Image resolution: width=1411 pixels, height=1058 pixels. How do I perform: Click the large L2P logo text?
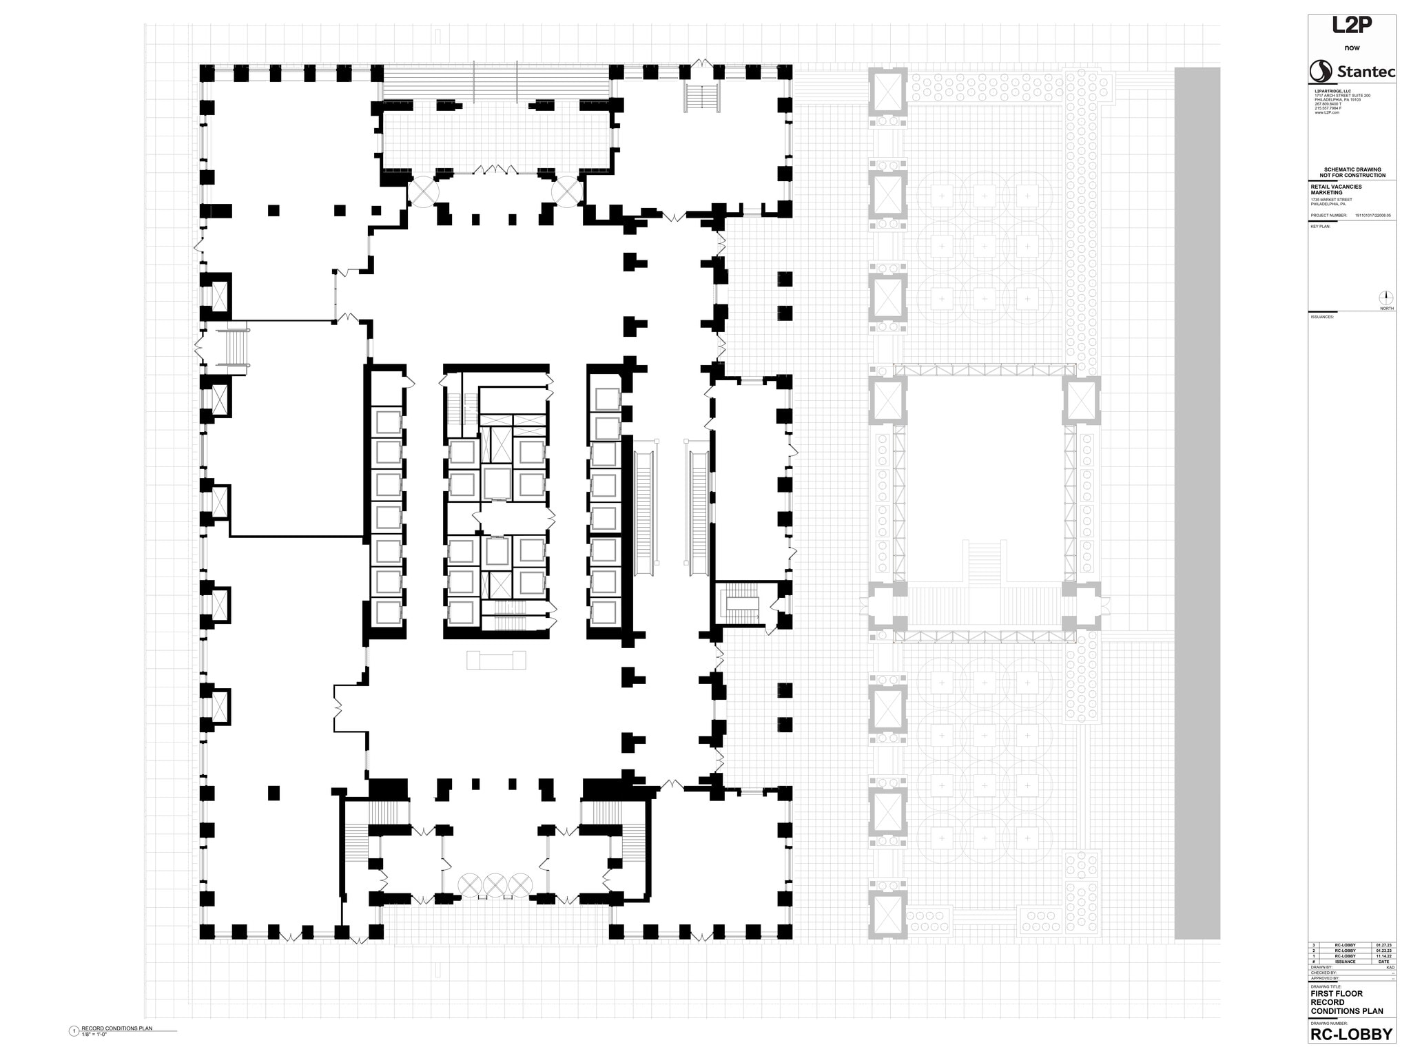coord(1352,25)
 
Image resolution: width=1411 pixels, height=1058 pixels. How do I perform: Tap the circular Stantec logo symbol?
coord(1321,72)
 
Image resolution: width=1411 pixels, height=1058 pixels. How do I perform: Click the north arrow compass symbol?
coord(1386,298)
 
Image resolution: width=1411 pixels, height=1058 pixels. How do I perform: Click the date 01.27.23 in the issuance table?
coord(1383,946)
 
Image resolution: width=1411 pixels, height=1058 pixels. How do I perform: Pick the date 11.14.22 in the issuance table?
coord(1383,956)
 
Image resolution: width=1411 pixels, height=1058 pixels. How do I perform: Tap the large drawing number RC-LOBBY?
coord(1351,1035)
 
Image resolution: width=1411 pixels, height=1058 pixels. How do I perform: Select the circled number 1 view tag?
coord(74,1031)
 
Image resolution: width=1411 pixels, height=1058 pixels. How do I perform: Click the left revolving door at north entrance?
coord(422,191)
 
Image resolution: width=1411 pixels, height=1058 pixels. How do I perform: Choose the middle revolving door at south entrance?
coord(495,884)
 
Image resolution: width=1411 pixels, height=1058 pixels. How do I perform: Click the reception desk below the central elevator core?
coord(496,660)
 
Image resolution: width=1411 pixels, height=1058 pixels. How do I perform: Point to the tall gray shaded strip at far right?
coord(1197,503)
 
